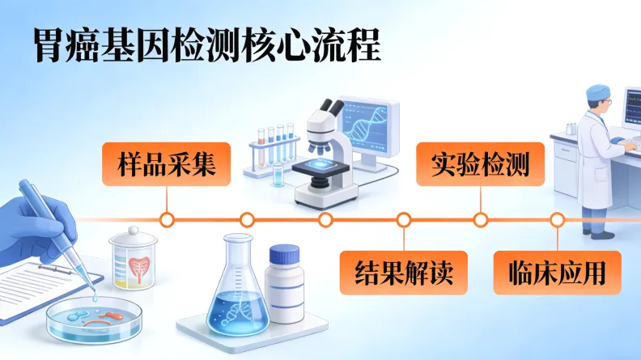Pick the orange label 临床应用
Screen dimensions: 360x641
tap(558, 273)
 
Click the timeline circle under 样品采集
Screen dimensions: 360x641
tap(167, 219)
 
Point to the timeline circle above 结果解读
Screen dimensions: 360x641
tap(404, 219)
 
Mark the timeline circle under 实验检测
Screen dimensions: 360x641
tap(481, 219)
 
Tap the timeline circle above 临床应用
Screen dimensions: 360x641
tap(558, 219)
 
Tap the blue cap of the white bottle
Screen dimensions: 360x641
tap(285, 255)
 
